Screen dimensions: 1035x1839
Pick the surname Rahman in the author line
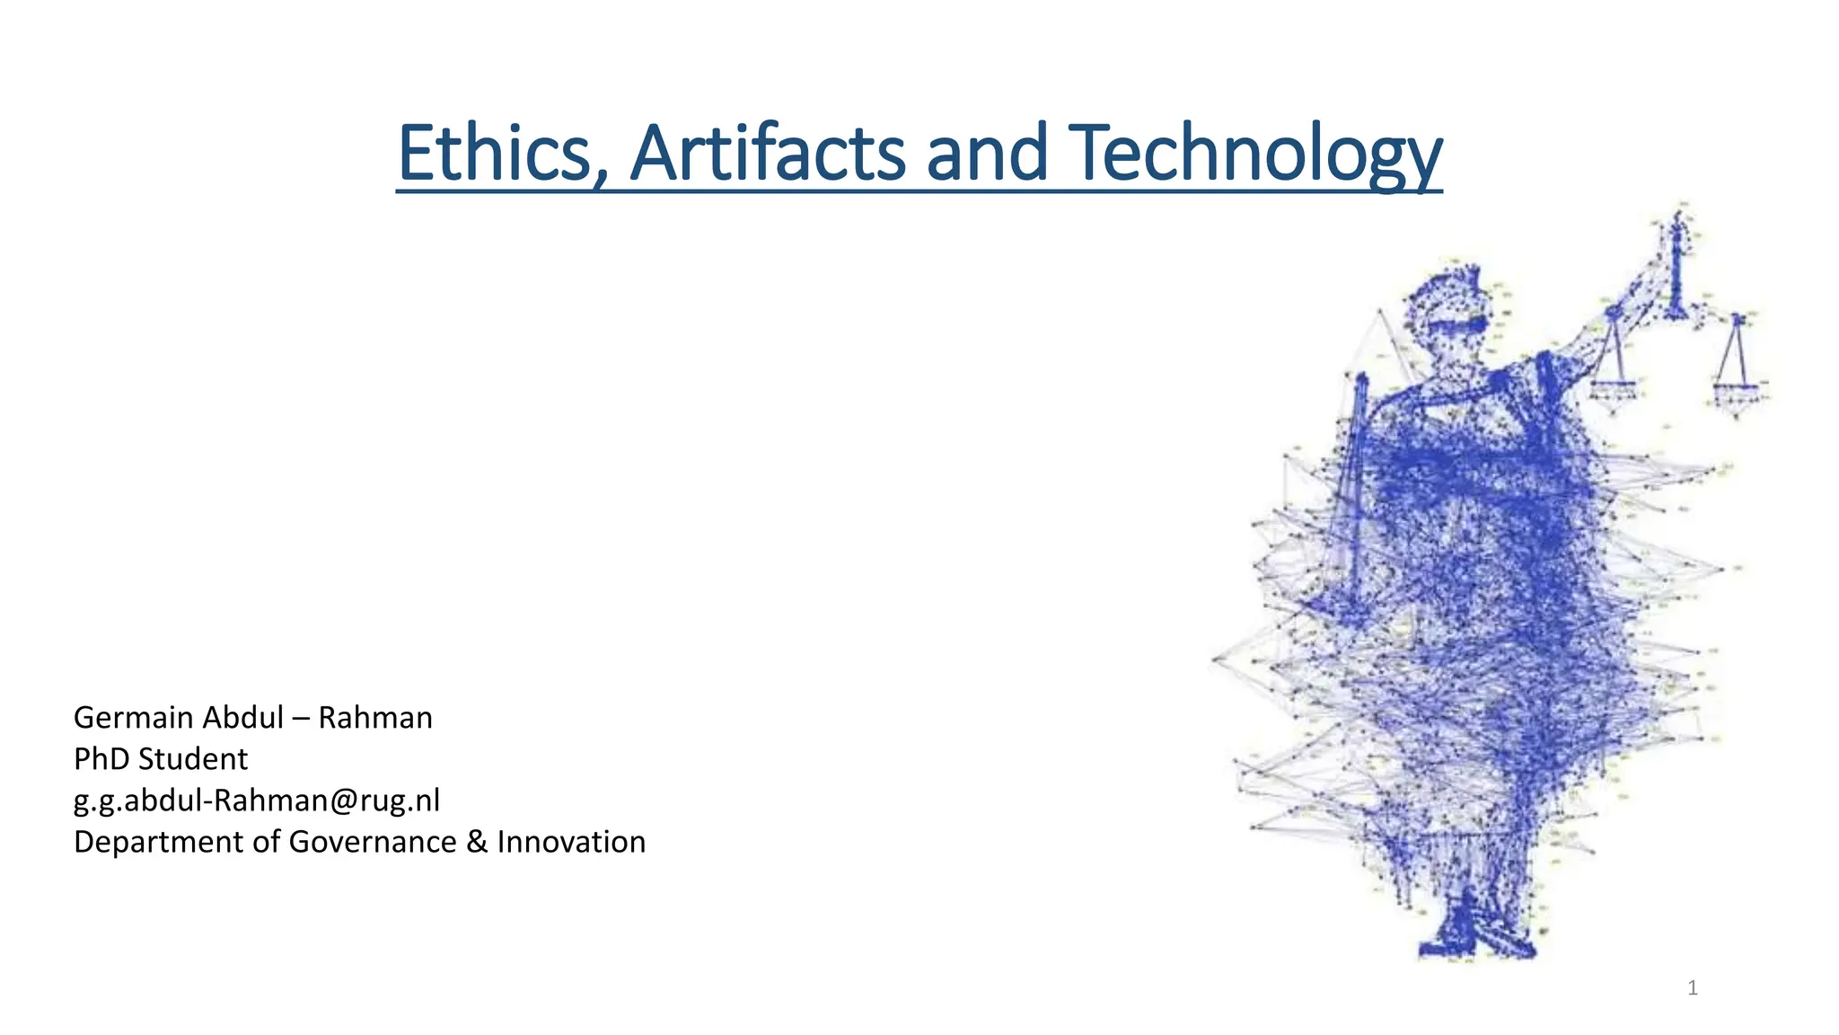click(375, 718)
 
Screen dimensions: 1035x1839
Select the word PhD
click(101, 759)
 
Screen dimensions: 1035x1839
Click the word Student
click(192, 759)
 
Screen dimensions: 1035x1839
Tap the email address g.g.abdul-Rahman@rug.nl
click(257, 801)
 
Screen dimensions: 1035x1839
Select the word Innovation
click(571, 842)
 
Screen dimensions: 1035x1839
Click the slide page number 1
click(1693, 988)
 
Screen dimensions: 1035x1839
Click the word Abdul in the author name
click(243, 718)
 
